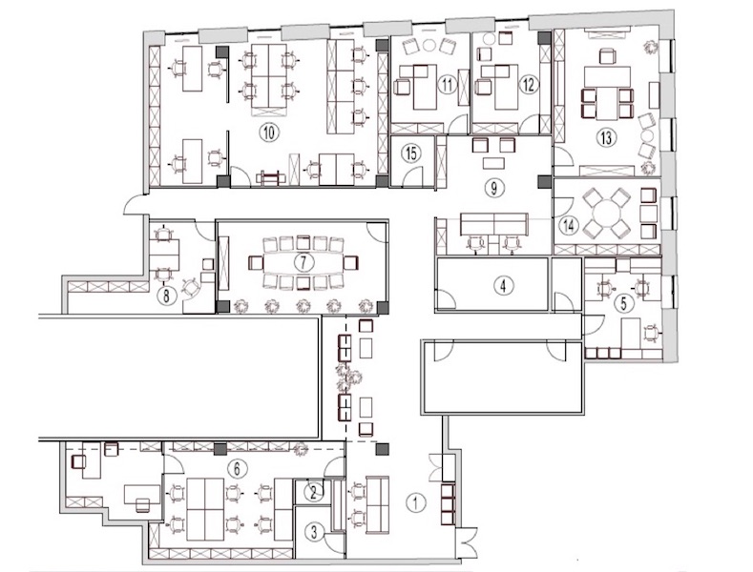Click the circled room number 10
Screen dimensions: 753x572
point(269,133)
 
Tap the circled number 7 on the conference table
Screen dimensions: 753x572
point(303,262)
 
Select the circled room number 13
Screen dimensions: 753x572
point(606,137)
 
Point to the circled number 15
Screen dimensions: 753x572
point(411,153)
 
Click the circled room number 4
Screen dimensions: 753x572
point(503,286)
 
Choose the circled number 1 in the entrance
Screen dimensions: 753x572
point(416,503)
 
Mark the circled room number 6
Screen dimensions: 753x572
point(237,468)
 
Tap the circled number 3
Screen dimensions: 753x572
point(314,532)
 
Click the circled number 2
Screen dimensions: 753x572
point(314,492)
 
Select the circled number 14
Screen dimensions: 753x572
point(569,225)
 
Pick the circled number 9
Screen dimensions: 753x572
point(493,188)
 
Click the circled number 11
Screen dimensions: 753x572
point(447,86)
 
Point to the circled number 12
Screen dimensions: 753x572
point(529,86)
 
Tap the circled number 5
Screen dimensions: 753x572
point(624,303)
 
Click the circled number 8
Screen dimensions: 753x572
point(166,296)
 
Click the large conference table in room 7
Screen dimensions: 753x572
point(303,262)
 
